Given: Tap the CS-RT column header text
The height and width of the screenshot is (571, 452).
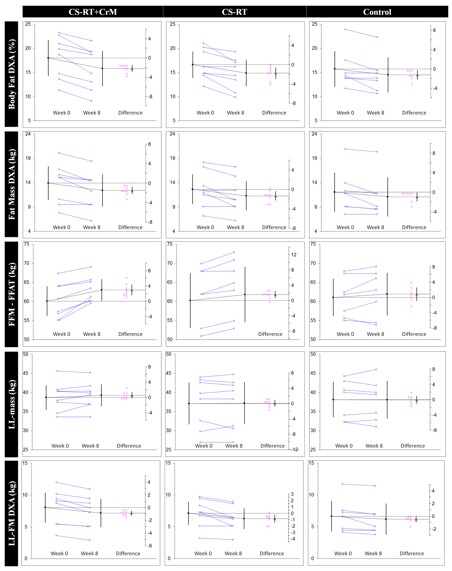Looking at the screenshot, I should pyautogui.click(x=234, y=12).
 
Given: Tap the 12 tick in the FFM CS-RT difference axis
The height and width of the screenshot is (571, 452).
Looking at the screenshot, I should pyautogui.click(x=294, y=255).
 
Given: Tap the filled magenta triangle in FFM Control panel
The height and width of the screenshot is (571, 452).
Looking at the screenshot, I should pyautogui.click(x=417, y=294).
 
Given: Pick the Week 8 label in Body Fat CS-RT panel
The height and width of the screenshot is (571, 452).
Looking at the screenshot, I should pyautogui.click(x=235, y=113).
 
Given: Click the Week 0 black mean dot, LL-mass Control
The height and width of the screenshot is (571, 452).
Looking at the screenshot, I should pyautogui.click(x=333, y=399).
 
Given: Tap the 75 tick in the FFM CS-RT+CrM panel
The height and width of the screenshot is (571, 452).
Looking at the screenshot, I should pyautogui.click(x=26, y=244).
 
